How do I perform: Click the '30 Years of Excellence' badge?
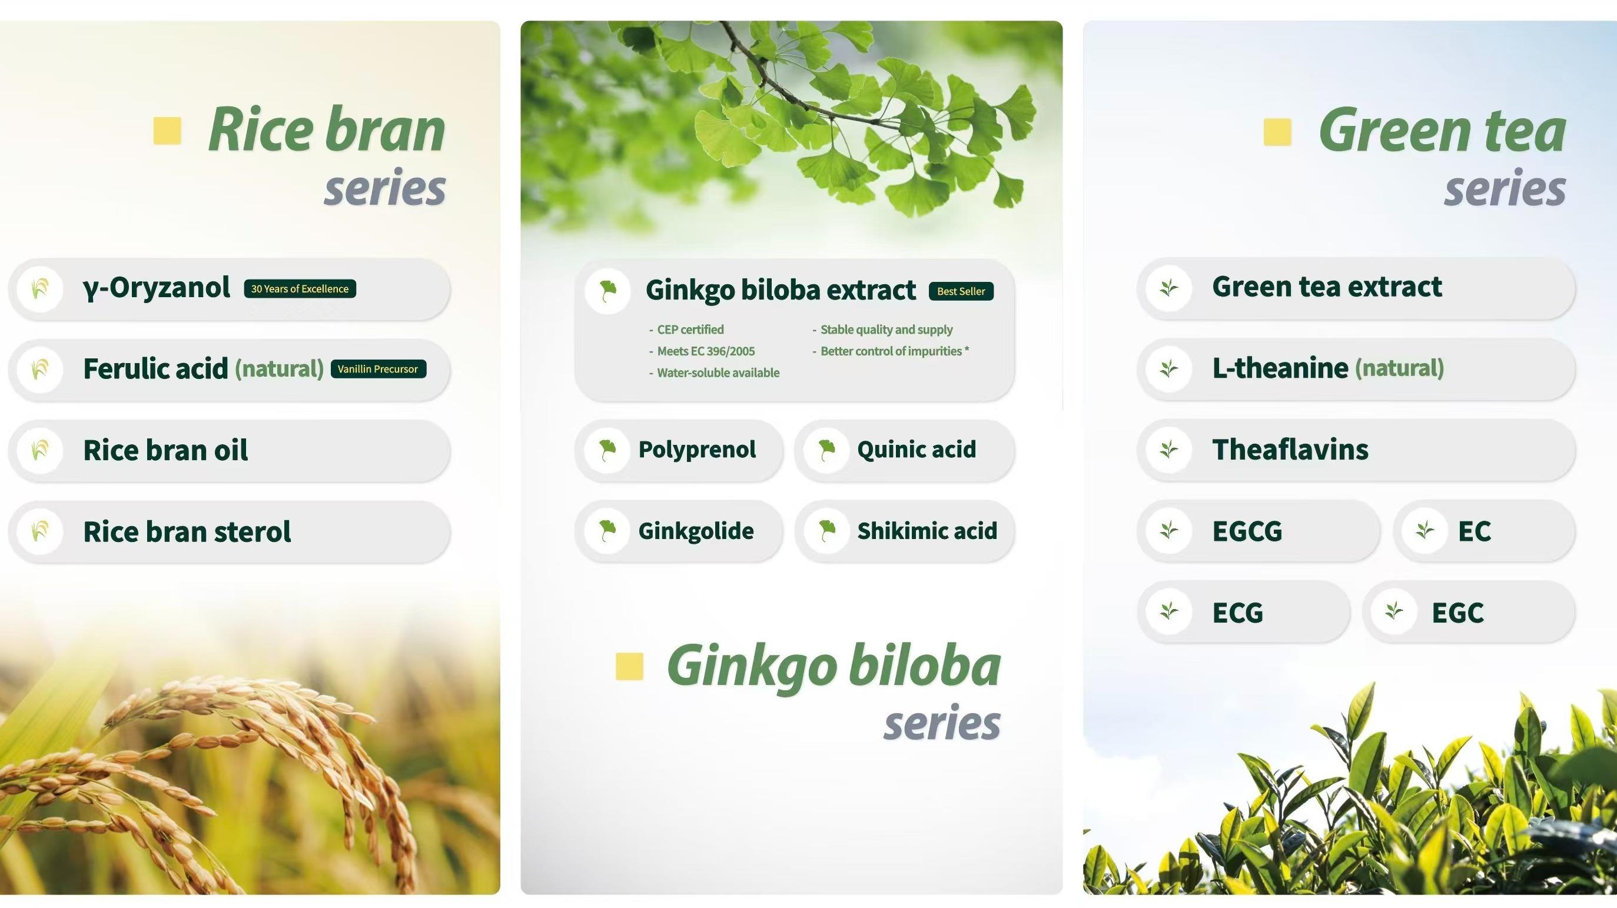pyautogui.click(x=300, y=289)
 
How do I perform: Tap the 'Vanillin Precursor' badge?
pyautogui.click(x=378, y=369)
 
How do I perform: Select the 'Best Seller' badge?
pyautogui.click(x=961, y=291)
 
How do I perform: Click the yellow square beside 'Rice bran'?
pyautogui.click(x=168, y=131)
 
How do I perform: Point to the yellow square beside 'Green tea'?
pyautogui.click(x=1277, y=132)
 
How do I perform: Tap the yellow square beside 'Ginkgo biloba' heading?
pyautogui.click(x=630, y=666)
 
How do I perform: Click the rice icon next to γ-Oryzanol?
pyautogui.click(x=40, y=289)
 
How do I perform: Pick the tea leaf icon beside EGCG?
pyautogui.click(x=1169, y=531)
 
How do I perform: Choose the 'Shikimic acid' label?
pyautogui.click(x=927, y=531)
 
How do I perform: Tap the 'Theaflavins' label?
pyautogui.click(x=1290, y=450)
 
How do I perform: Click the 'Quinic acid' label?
pyautogui.click(x=917, y=450)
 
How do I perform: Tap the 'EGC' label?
pyautogui.click(x=1457, y=613)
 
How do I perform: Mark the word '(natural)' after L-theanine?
pyautogui.click(x=1399, y=368)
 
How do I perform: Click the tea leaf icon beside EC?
pyautogui.click(x=1425, y=531)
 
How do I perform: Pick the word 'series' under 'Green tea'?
pyautogui.click(x=1505, y=188)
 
